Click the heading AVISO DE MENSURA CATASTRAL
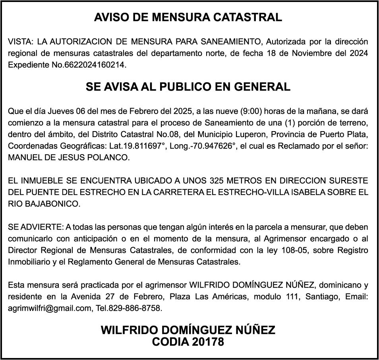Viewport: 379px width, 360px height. pos(188,17)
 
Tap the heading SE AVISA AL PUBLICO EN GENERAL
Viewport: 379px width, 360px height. pos(188,87)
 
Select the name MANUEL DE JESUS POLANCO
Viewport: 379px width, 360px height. pos(69,158)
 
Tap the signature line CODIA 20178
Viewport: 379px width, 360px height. pos(188,342)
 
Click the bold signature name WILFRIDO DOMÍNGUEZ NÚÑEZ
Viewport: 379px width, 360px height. pos(188,330)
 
